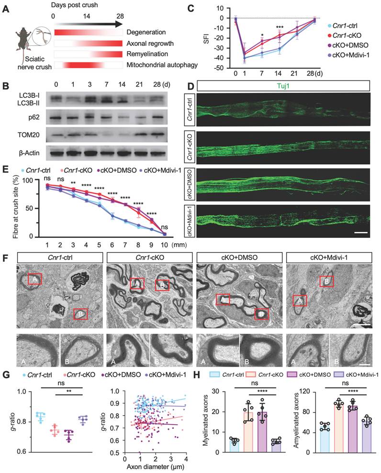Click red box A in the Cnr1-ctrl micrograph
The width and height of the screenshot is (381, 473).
tap(34, 279)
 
